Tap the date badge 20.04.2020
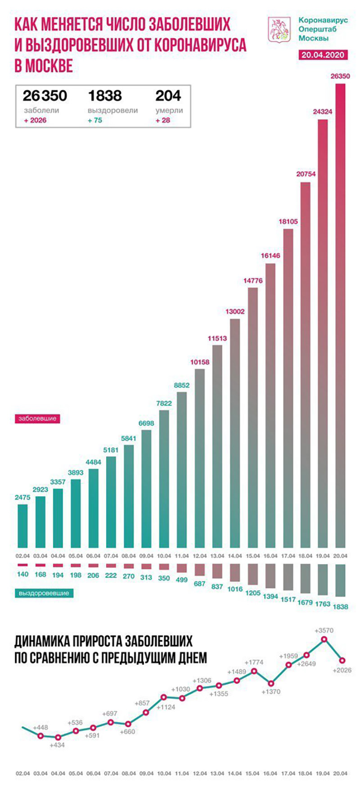click(323, 55)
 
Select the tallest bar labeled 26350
click(340, 315)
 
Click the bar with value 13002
click(234, 432)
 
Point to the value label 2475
click(22, 497)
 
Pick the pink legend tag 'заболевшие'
click(37, 418)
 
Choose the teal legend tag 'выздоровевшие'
click(44, 593)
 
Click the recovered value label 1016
click(234, 589)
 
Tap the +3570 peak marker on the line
click(324, 639)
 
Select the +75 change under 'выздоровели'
click(95, 120)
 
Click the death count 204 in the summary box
click(168, 96)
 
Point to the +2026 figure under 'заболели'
click(35, 120)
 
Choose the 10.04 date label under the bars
click(164, 556)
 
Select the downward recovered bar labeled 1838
click(340, 580)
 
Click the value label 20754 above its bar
click(306, 174)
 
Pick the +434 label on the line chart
click(58, 745)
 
